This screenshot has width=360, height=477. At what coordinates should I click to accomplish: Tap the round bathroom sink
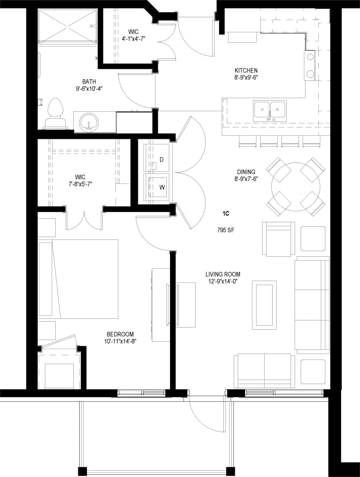click(88, 122)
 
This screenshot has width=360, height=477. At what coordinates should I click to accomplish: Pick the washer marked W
click(158, 186)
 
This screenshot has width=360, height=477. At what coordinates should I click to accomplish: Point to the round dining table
click(296, 187)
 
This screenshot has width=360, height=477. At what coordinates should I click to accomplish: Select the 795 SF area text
click(226, 230)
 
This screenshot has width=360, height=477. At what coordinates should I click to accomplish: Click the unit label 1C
click(226, 214)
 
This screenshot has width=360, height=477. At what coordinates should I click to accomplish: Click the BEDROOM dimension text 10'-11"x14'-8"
click(120, 341)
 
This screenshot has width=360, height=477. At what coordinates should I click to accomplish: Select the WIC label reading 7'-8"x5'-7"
click(80, 184)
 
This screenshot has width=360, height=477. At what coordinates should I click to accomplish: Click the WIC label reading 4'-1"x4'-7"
click(133, 38)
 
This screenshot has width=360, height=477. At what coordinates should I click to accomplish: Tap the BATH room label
click(89, 82)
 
